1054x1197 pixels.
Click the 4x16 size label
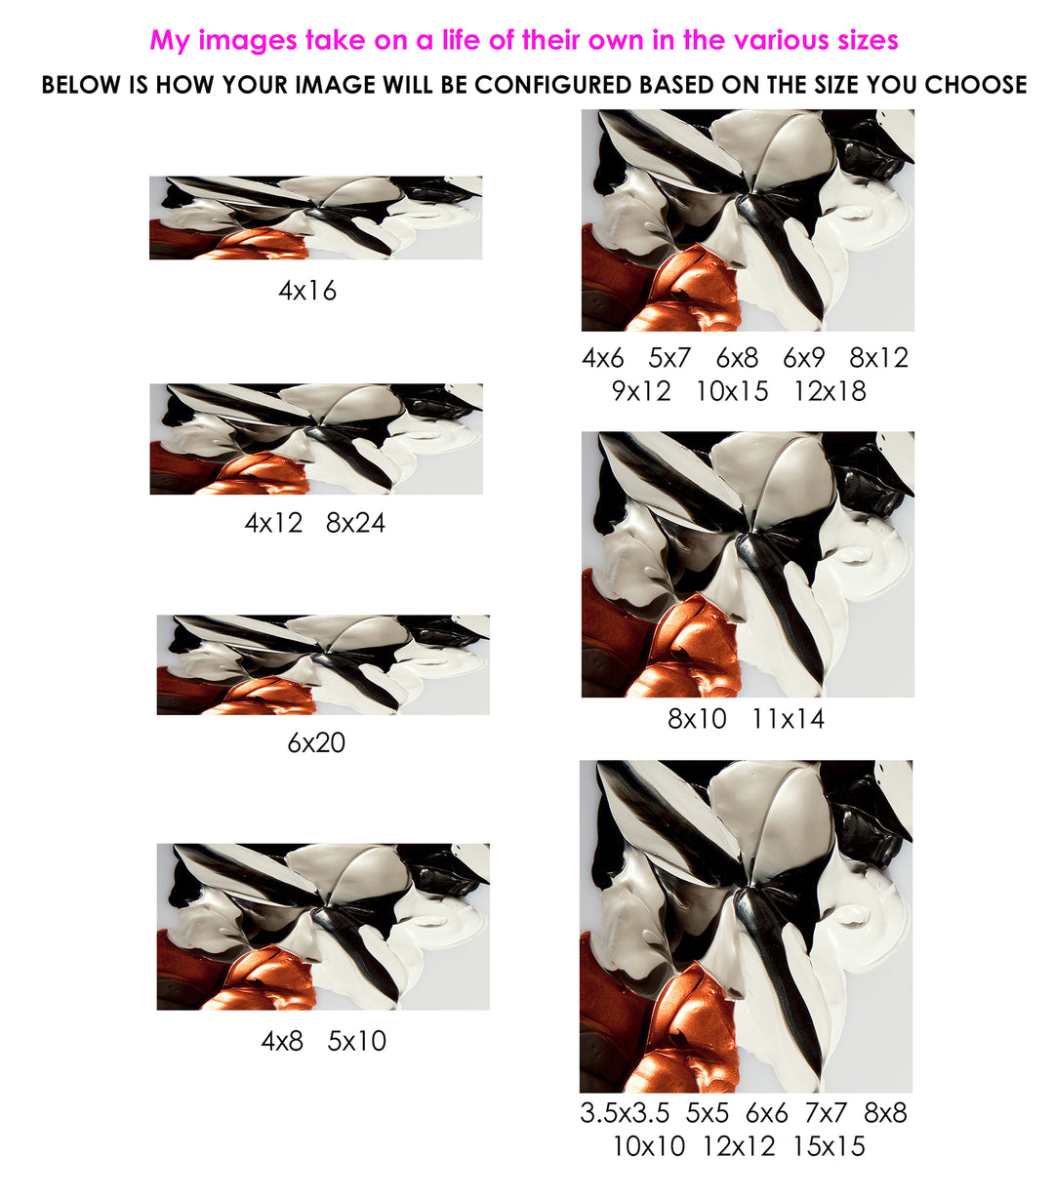tap(307, 291)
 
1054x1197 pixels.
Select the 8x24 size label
tap(355, 523)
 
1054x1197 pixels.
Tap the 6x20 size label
tap(316, 742)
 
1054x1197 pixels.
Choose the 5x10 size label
tap(356, 1041)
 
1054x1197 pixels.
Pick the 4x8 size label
tap(282, 1041)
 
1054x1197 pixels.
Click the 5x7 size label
tap(669, 357)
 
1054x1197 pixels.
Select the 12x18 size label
tap(830, 391)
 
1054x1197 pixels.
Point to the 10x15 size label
tap(732, 391)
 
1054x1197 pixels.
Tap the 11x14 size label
tap(788, 719)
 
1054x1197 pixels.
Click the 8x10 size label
tap(697, 719)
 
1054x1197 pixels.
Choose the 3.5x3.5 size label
tap(625, 1113)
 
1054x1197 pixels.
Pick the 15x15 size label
tap(829, 1147)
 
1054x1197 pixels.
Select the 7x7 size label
tap(826, 1113)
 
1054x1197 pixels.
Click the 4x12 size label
tap(273, 523)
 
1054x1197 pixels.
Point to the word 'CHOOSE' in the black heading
tap(975, 85)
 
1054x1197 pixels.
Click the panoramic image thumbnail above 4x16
tap(315, 218)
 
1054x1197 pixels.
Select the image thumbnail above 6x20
tap(323, 664)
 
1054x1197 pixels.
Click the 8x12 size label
tap(879, 357)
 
